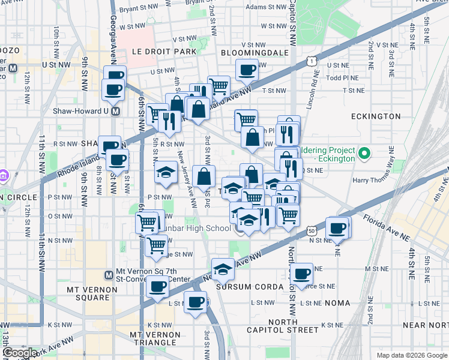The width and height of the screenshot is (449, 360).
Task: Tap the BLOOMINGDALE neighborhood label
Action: point(255,53)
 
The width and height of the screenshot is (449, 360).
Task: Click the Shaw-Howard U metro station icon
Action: point(116,111)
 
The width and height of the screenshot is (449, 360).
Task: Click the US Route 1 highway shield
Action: point(311,61)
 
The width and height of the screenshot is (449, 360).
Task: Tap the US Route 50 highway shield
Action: point(311,230)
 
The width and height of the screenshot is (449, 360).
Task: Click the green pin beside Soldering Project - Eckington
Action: point(363,154)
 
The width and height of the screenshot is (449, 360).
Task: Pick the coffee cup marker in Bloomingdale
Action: point(247,70)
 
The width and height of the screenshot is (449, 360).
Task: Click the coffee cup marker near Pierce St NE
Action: point(301,273)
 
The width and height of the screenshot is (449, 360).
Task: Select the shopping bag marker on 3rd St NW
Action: point(204,176)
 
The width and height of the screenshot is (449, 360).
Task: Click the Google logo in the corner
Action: point(20,352)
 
